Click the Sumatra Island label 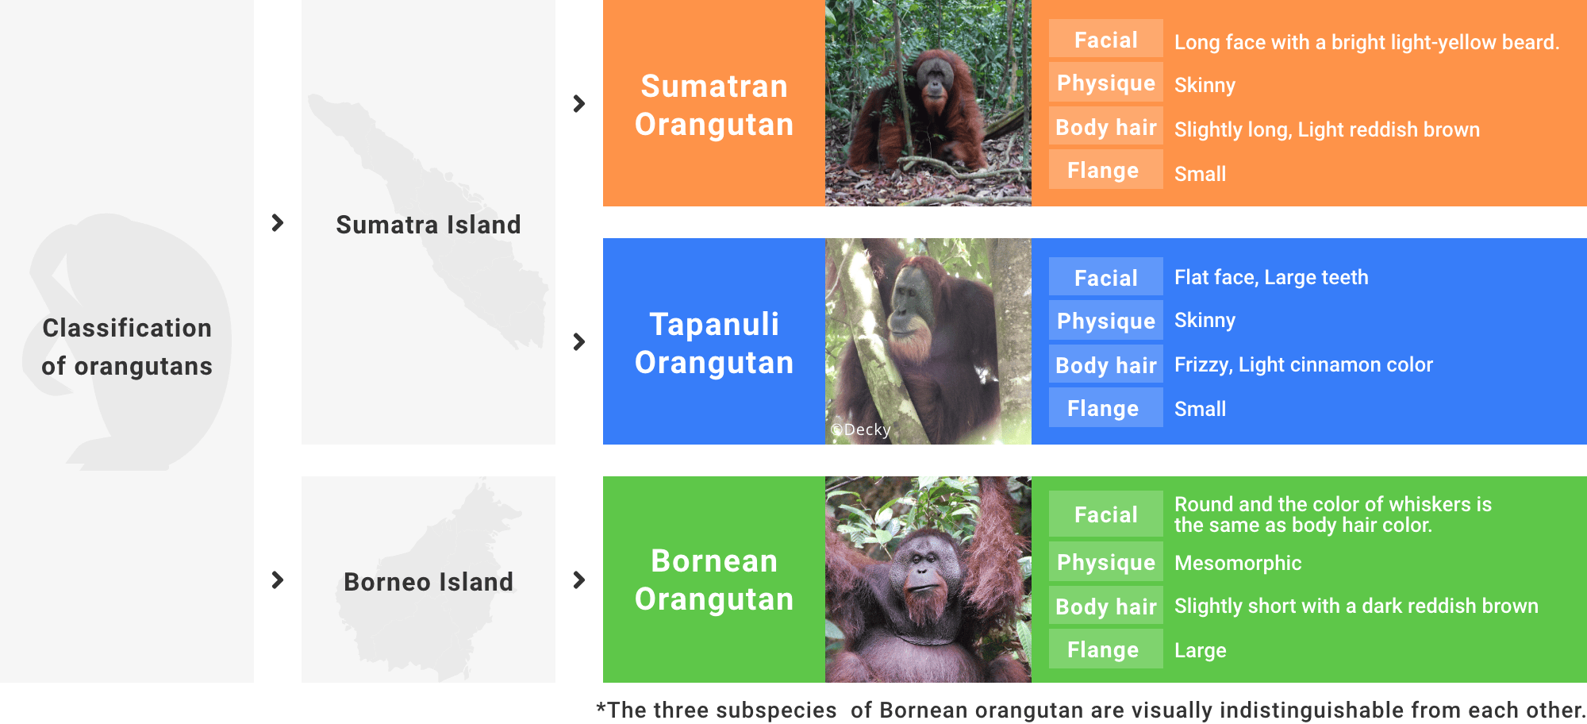click(x=428, y=225)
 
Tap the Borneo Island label click(x=428, y=582)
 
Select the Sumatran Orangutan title click(x=714, y=105)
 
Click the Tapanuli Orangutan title click(x=714, y=343)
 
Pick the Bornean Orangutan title click(x=714, y=580)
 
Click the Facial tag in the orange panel click(x=1105, y=40)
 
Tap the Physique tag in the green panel click(x=1105, y=562)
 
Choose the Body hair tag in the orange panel click(x=1105, y=127)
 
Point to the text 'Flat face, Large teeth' click(x=1271, y=277)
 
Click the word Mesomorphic click(x=1238, y=563)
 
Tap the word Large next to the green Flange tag click(x=1200, y=650)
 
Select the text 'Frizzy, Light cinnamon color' click(x=1303, y=364)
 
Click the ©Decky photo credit click(x=860, y=429)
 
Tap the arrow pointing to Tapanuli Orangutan click(x=579, y=341)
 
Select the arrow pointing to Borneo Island click(x=278, y=580)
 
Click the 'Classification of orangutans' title click(x=127, y=347)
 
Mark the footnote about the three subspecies click(x=1090, y=709)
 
